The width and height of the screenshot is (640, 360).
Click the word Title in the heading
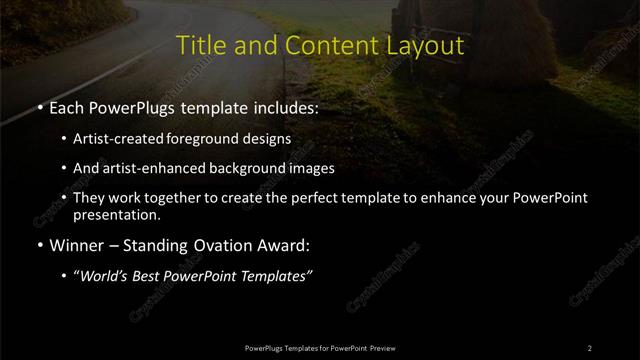199,46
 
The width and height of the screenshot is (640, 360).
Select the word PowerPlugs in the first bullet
128,104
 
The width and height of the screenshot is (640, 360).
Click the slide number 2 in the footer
590,347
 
